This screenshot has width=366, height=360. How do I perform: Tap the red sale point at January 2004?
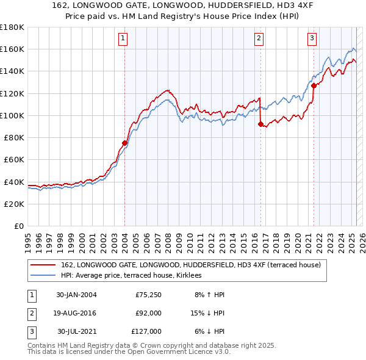point(124,143)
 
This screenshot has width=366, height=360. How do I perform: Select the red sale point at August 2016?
point(260,124)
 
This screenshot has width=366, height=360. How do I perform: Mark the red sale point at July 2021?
point(314,85)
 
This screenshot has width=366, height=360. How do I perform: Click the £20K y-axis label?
point(14,204)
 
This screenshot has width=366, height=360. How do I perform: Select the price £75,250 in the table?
point(148,295)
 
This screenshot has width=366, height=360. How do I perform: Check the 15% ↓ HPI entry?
point(206,313)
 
